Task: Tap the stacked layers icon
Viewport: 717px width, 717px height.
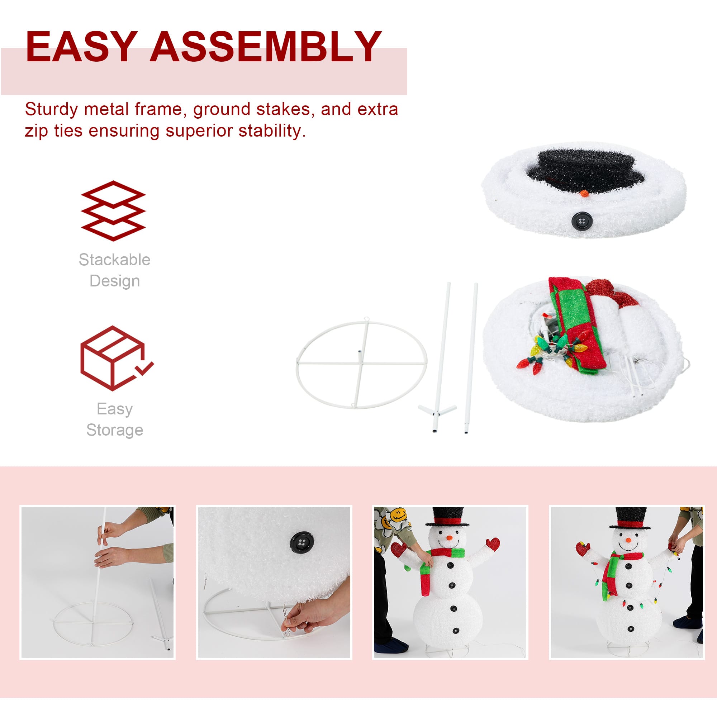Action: pos(113,211)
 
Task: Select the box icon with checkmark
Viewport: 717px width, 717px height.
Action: pos(117,358)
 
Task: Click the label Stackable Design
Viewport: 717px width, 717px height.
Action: pos(115,270)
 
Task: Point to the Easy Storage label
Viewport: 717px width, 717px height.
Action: pos(115,419)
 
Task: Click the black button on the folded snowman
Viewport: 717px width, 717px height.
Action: pos(582,221)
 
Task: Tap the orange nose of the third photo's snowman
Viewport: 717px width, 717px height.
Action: pos(450,538)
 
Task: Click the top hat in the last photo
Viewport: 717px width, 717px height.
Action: pos(631,518)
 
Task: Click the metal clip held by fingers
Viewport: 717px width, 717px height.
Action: pos(286,626)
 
